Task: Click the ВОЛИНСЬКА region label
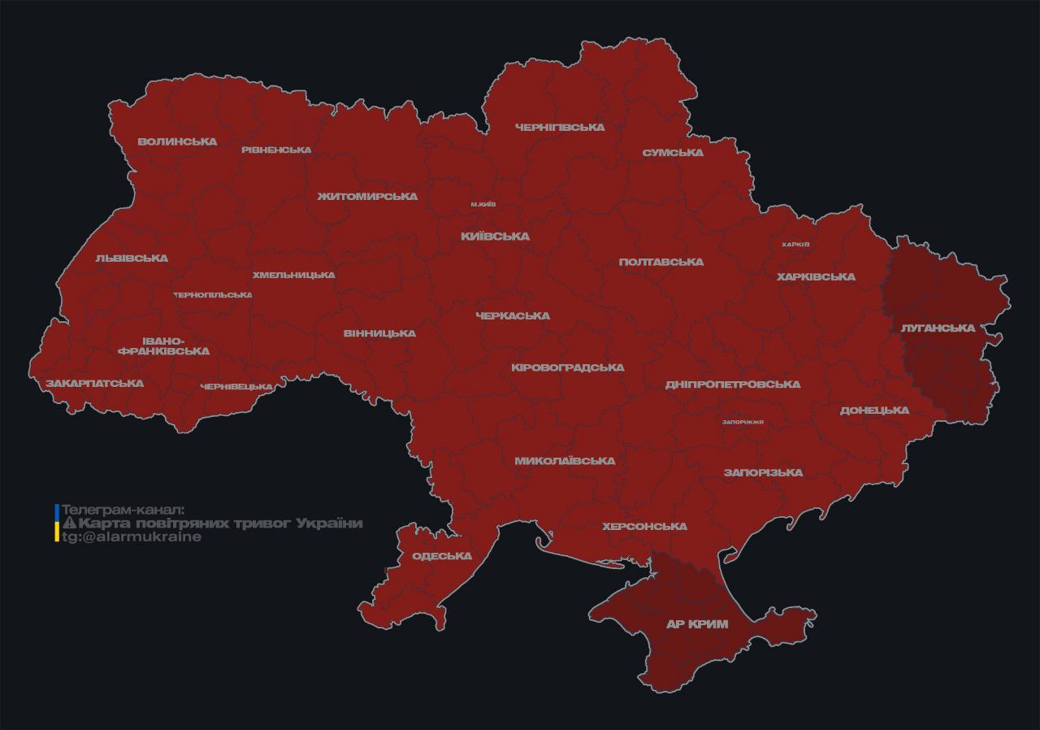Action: click(x=177, y=141)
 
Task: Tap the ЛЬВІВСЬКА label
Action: click(x=132, y=259)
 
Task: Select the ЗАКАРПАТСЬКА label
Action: click(x=94, y=383)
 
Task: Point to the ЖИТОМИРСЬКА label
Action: click(x=367, y=197)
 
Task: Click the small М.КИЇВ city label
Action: click(x=483, y=204)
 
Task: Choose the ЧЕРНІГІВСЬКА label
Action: click(x=560, y=128)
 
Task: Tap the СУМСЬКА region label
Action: click(x=672, y=153)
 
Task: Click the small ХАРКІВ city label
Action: click(x=795, y=245)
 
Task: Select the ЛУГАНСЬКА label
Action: click(x=938, y=328)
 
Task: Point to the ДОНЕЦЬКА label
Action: click(x=874, y=411)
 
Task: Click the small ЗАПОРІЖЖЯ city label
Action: click(x=743, y=422)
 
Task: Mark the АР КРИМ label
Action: click(x=697, y=624)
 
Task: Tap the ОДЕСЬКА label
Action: click(x=442, y=556)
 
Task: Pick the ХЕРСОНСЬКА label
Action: click(x=644, y=527)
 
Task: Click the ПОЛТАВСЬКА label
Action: click(x=661, y=263)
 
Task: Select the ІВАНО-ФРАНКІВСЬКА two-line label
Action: click(x=163, y=345)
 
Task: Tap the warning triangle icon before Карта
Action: click(x=69, y=524)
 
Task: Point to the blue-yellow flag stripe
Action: click(x=56, y=523)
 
